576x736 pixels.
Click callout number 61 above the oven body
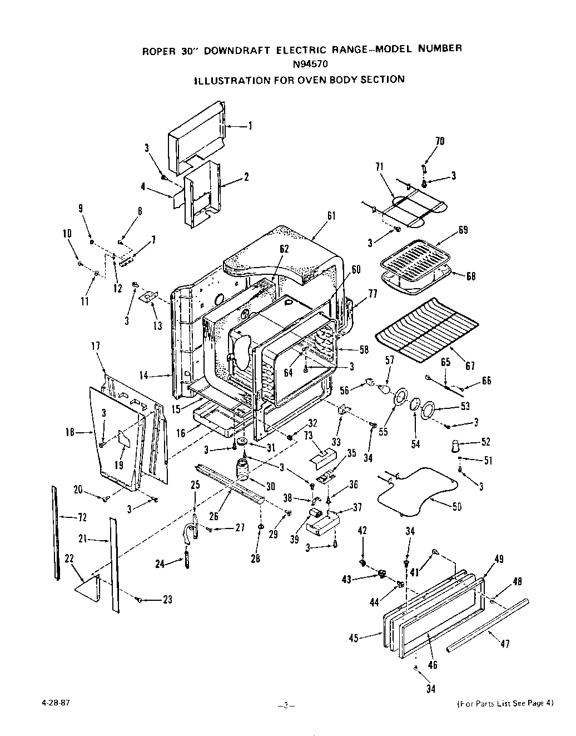pos(331,216)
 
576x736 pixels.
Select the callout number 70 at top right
pos(439,141)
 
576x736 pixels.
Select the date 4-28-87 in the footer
pos(55,702)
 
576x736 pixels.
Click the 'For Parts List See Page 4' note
pos(505,703)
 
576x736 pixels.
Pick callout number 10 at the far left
pos(67,234)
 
